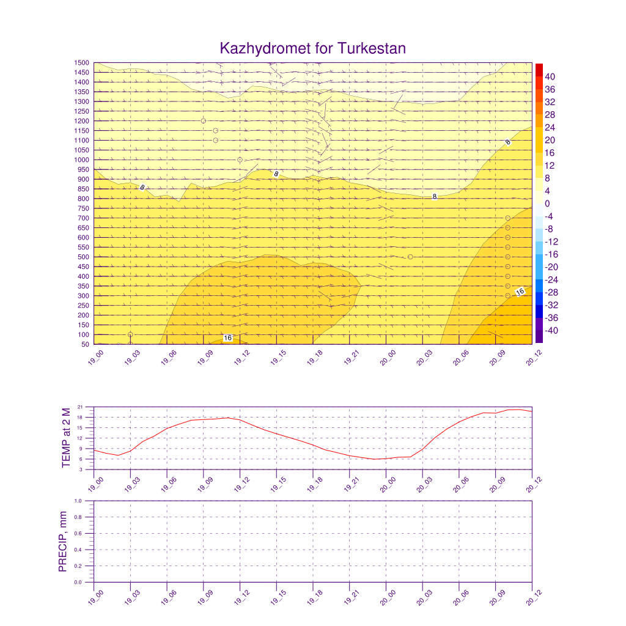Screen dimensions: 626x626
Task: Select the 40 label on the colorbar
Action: coord(551,76)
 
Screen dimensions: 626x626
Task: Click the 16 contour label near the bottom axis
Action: coord(227,338)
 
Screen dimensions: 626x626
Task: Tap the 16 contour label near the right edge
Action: coord(520,292)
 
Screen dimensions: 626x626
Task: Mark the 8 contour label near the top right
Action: coord(508,142)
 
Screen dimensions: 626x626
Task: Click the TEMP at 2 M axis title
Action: coord(67,438)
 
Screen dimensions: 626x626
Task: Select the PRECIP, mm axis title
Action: coord(62,542)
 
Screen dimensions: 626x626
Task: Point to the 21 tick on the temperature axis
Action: coord(80,407)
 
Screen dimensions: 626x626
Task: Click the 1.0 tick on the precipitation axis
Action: coord(78,501)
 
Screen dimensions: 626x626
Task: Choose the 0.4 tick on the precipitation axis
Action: coord(78,550)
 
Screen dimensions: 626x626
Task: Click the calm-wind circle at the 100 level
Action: coord(130,334)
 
